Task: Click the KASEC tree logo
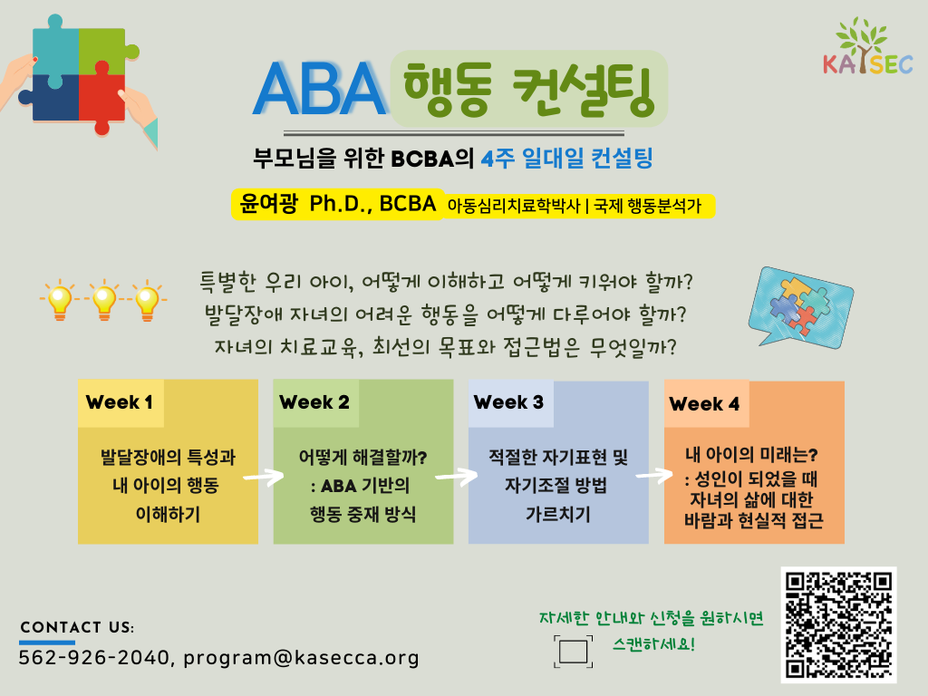(x=867, y=46)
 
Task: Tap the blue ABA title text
(x=320, y=89)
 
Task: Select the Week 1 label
(x=120, y=402)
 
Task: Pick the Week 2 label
(x=314, y=402)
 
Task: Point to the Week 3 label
(x=508, y=402)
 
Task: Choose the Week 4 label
(x=704, y=404)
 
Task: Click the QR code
(x=838, y=624)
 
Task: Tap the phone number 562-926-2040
(x=94, y=658)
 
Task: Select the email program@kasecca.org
(x=301, y=658)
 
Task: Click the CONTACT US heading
(x=77, y=627)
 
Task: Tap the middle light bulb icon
(x=104, y=299)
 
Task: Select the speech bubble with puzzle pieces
(x=801, y=307)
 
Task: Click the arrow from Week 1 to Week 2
(x=264, y=476)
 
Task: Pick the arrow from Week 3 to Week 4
(x=654, y=475)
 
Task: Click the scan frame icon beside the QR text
(x=573, y=652)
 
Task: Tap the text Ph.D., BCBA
(x=372, y=204)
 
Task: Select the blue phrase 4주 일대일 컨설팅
(x=566, y=159)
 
